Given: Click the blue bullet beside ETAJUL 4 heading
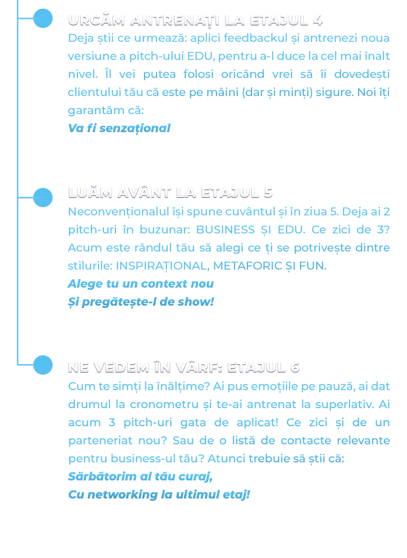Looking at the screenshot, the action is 43,18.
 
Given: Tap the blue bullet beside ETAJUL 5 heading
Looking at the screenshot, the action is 43,198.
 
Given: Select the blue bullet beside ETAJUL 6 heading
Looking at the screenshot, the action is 43,365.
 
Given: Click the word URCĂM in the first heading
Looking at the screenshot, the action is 97,20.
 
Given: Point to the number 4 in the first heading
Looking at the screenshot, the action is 318,20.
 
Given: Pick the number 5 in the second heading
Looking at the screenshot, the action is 268,192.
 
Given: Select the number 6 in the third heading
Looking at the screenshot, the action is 295,367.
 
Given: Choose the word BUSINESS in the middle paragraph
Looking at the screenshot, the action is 225,230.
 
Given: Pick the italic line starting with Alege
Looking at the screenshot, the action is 140,284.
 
